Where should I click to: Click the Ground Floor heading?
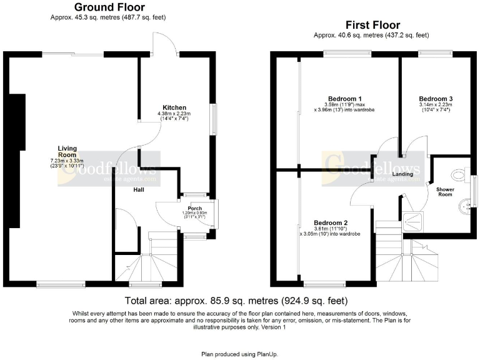coord(109,7)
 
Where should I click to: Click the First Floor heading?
coord(372,25)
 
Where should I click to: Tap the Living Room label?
coord(67,151)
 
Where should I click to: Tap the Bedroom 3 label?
coord(436,98)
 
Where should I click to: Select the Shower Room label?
coord(444,191)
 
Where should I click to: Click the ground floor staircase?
coord(150,262)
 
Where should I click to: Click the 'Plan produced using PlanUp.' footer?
coord(240,353)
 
